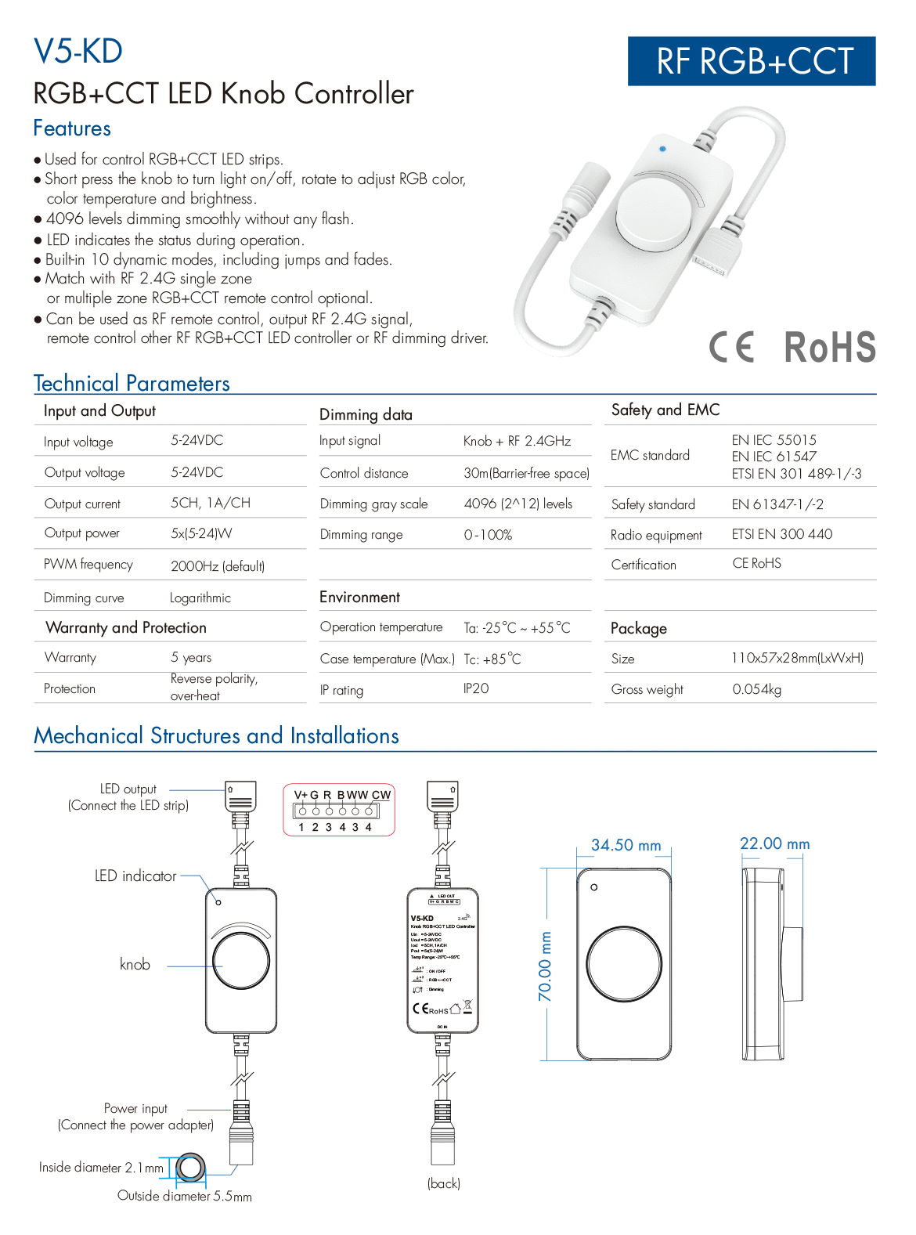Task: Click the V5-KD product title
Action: [78, 52]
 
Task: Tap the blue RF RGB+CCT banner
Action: [752, 61]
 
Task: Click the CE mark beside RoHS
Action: [732, 347]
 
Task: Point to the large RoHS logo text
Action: [830, 347]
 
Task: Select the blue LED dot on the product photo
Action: [663, 148]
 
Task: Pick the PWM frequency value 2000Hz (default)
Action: [218, 566]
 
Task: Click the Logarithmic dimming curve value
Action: [200, 598]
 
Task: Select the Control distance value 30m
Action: [526, 474]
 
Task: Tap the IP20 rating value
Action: [476, 688]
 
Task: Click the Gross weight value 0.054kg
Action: [756, 690]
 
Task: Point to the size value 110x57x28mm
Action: [797, 659]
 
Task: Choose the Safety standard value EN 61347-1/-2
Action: [777, 504]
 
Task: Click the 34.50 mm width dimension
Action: [626, 846]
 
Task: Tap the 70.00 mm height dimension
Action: [546, 966]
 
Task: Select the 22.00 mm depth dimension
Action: [774, 844]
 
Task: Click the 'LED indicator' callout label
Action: [135, 876]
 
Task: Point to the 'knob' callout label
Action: [135, 965]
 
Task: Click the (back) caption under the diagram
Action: [444, 1183]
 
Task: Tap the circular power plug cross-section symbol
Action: [190, 1168]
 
